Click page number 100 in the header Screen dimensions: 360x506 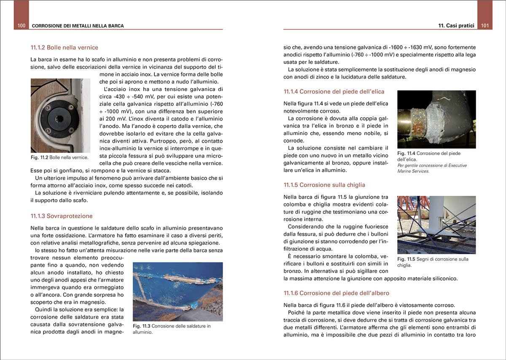(x=22, y=26)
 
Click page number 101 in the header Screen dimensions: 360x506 (x=484, y=26)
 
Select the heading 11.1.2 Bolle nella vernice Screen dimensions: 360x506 (x=65, y=47)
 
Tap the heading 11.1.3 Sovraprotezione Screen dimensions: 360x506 (x=62, y=216)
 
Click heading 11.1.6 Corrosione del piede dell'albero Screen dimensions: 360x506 (x=336, y=293)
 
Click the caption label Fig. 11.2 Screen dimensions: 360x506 (x=39, y=157)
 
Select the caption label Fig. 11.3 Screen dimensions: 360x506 (x=141, y=326)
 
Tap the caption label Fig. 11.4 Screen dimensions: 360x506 (x=406, y=153)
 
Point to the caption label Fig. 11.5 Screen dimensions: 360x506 (x=406, y=259)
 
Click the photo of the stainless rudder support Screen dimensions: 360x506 (x=60, y=115)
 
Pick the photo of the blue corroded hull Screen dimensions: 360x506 (x=178, y=292)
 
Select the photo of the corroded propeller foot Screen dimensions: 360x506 (x=436, y=119)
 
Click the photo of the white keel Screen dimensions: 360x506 (x=436, y=225)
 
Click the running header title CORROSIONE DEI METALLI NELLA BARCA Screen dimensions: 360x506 (x=78, y=26)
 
